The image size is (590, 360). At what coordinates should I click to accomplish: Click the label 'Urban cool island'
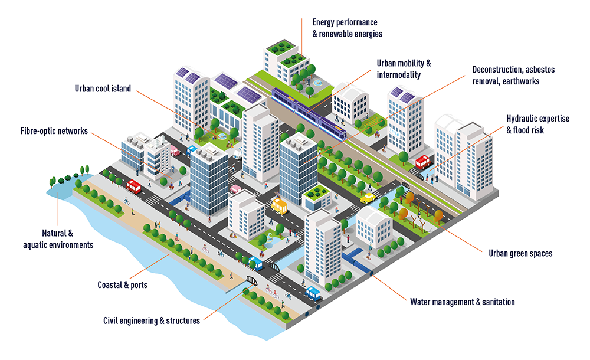(x=103, y=89)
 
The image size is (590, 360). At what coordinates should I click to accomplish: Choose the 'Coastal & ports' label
(x=122, y=285)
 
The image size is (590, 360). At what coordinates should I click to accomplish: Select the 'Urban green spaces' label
(x=520, y=253)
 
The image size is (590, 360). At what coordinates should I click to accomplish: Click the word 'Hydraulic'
(x=523, y=119)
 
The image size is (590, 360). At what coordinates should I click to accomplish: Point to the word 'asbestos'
(x=537, y=70)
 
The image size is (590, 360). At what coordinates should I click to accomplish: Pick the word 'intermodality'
(x=398, y=75)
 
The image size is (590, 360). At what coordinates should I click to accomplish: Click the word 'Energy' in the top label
(x=323, y=22)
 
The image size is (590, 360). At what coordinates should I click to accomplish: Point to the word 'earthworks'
(x=519, y=81)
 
